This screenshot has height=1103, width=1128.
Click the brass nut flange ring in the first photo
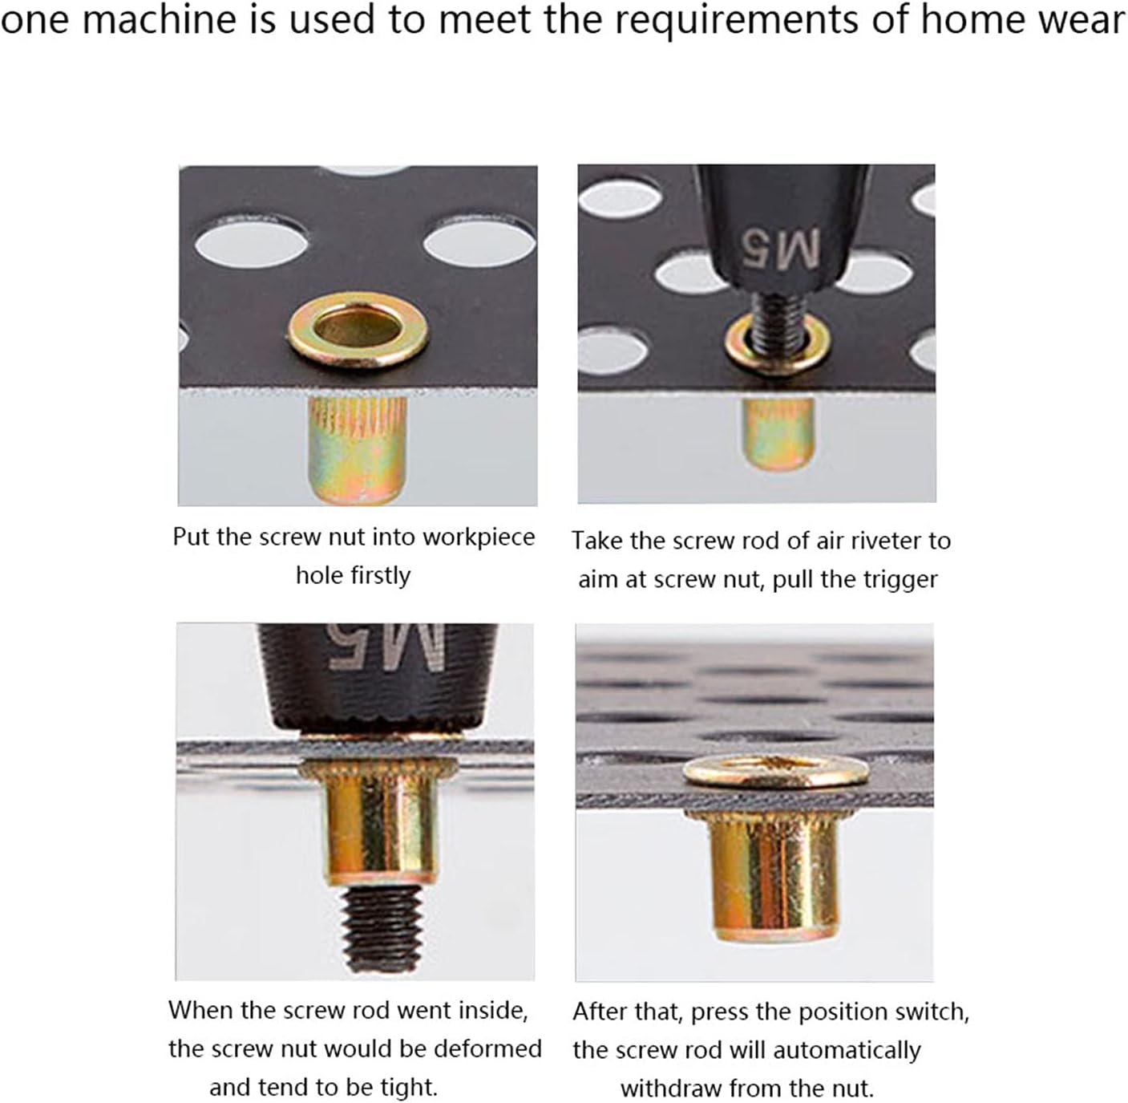click(358, 330)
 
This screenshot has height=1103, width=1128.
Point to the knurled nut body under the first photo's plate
click(357, 449)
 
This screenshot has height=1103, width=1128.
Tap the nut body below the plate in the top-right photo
click(778, 433)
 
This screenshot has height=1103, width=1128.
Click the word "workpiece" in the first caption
click(478, 537)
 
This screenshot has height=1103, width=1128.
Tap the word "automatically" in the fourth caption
click(847, 1050)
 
